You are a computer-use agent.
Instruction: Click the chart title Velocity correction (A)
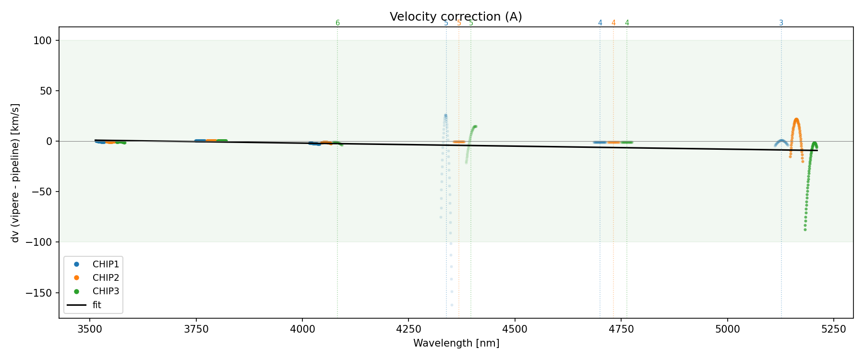(x=456, y=17)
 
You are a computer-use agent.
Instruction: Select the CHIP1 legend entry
(x=106, y=264)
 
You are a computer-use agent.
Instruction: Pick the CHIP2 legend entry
(x=106, y=278)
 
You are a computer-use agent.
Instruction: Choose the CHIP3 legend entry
(x=106, y=291)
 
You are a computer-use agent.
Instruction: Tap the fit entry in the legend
(x=97, y=305)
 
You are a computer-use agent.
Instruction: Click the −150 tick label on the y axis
(x=41, y=293)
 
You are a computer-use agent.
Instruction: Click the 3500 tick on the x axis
(x=90, y=329)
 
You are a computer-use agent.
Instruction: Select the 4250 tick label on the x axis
(x=408, y=329)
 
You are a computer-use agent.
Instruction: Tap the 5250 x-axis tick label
(x=833, y=329)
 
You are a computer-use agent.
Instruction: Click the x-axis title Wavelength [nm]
(x=456, y=343)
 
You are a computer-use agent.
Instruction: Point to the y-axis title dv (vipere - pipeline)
(x=15, y=173)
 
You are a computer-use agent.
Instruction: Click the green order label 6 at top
(x=337, y=23)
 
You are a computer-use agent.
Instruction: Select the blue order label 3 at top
(x=781, y=23)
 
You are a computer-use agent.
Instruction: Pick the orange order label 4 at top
(x=613, y=23)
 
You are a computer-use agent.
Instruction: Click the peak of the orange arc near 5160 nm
(x=796, y=119)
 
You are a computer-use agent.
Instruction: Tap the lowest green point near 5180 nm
(x=805, y=229)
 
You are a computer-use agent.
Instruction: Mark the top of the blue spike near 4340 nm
(x=445, y=115)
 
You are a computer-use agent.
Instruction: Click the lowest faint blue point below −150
(x=452, y=305)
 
